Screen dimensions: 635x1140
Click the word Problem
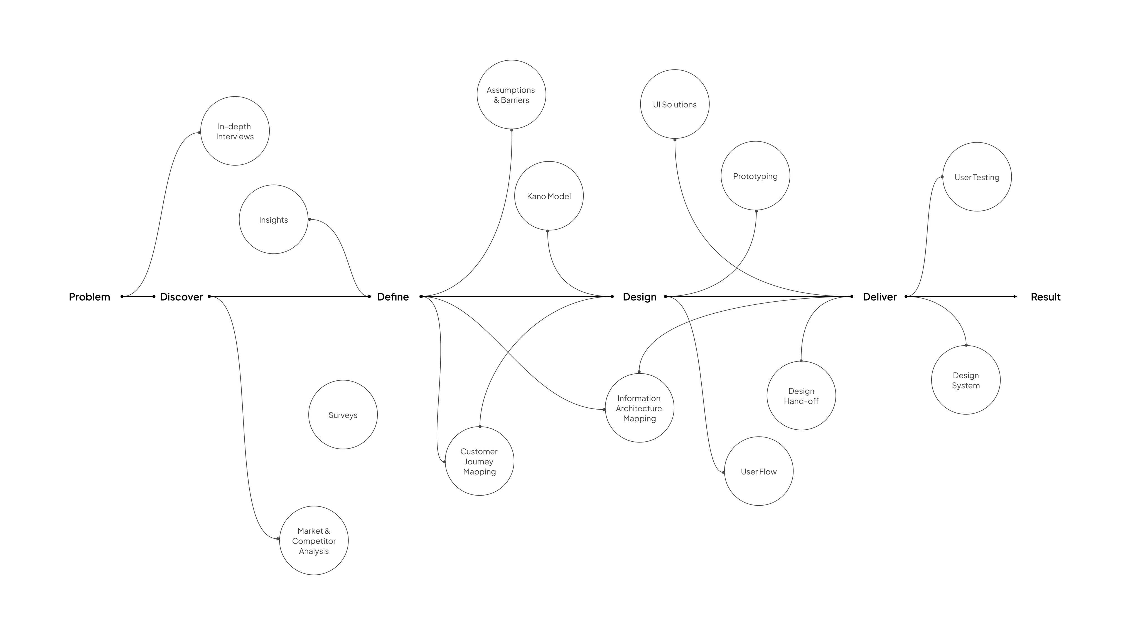click(89, 297)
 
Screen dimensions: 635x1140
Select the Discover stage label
click(181, 297)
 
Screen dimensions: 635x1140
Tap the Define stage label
click(392, 297)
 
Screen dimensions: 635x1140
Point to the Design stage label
click(640, 297)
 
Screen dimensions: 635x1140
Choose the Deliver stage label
click(879, 297)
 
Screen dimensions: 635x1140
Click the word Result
click(1045, 297)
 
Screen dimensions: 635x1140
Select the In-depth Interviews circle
click(235, 131)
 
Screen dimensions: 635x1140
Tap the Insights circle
click(274, 220)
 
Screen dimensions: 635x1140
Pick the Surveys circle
click(343, 415)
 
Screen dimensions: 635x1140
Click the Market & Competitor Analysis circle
click(314, 540)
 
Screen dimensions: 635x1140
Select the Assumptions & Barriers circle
click(511, 95)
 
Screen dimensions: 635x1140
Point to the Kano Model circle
click(549, 196)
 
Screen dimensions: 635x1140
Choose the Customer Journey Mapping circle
click(479, 461)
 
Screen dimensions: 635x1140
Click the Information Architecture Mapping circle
click(640, 408)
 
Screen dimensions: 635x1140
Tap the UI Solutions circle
click(675, 104)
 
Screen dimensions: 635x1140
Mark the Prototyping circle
click(755, 176)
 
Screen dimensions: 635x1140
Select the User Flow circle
click(758, 471)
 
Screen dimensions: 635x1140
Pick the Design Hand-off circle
click(801, 396)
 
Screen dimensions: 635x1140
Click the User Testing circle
click(977, 177)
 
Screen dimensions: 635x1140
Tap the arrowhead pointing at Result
click(1015, 296)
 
